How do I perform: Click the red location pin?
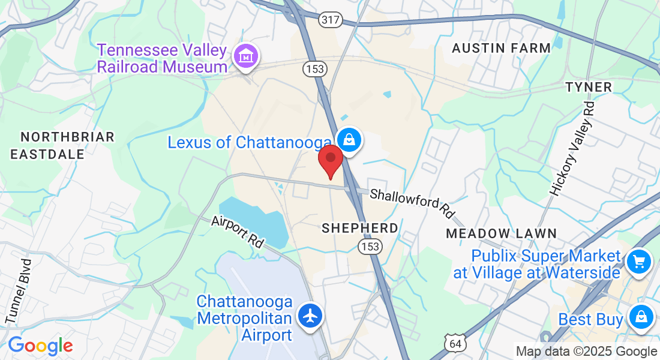click(x=330, y=159)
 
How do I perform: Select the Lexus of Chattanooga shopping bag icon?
click(x=349, y=140)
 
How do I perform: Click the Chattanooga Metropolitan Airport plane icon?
click(x=310, y=316)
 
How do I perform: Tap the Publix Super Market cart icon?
click(x=638, y=262)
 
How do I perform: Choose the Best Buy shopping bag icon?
click(x=641, y=316)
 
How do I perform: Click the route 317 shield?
click(x=331, y=20)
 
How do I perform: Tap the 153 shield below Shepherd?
click(x=368, y=247)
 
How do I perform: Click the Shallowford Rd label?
click(x=412, y=203)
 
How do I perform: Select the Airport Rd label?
click(x=238, y=232)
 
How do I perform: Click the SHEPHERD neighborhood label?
click(x=359, y=228)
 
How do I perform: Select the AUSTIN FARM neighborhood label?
click(x=501, y=48)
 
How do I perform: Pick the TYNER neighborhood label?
click(x=589, y=87)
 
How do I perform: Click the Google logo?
click(x=40, y=346)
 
